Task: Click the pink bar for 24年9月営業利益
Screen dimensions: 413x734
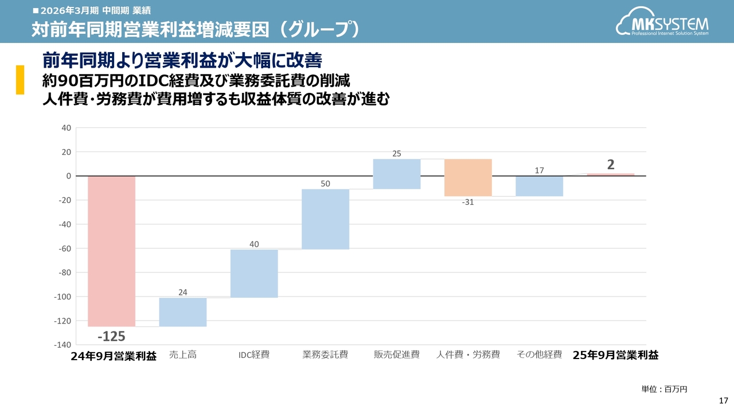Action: [x=111, y=251]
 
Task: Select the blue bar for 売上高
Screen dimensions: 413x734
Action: [x=183, y=312]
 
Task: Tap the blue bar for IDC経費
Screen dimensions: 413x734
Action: [x=254, y=274]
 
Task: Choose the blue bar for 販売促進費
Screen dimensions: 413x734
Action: [x=397, y=174]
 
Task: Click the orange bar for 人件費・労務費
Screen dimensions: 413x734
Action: [x=468, y=177]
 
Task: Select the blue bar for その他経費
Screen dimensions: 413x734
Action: [x=539, y=186]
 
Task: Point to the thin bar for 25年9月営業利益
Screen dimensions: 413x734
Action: [x=611, y=174]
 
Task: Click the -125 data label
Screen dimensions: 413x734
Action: [x=111, y=336]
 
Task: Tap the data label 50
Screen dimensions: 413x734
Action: [x=325, y=183]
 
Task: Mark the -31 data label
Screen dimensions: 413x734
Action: [x=468, y=202]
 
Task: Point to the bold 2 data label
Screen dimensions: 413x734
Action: [x=611, y=165]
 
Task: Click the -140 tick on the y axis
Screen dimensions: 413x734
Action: [x=62, y=345]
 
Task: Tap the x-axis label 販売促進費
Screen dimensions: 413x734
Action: [x=397, y=355]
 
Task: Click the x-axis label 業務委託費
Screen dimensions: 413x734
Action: [x=325, y=355]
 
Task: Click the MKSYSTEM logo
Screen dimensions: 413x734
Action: [x=662, y=25]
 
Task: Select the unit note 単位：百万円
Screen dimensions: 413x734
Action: [x=664, y=389]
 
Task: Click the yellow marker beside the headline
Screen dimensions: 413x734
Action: [x=19, y=80]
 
